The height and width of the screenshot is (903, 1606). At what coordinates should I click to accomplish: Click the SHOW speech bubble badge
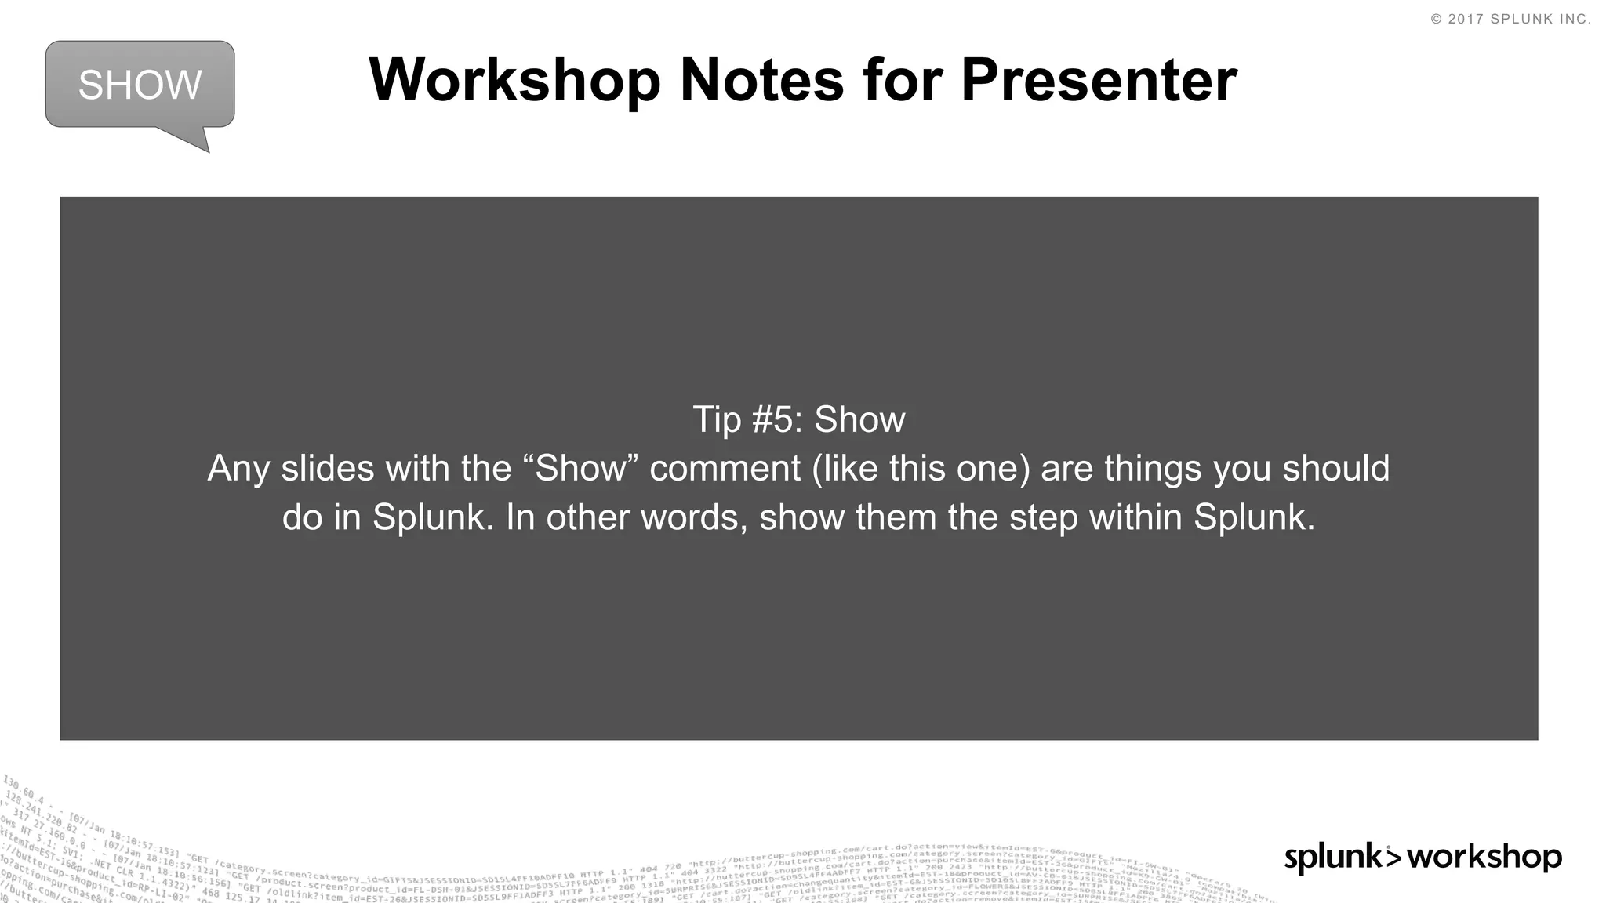[x=140, y=85]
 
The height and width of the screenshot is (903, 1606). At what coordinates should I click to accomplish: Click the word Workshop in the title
[x=514, y=80]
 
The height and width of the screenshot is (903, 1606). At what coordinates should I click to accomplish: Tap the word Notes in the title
[x=761, y=80]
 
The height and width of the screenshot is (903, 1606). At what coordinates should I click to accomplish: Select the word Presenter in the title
[x=1099, y=80]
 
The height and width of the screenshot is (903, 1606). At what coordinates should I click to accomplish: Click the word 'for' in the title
[x=902, y=80]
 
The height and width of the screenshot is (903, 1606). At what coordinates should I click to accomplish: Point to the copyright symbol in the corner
[x=1436, y=20]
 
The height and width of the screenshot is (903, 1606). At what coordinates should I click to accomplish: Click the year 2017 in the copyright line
[x=1465, y=20]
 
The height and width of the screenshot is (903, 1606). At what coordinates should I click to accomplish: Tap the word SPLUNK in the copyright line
[x=1521, y=20]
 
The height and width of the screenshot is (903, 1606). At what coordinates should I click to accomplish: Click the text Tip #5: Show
[x=798, y=420]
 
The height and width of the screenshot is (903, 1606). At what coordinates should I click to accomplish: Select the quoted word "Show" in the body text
[x=581, y=469]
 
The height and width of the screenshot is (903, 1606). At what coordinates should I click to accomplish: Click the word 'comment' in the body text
[x=725, y=469]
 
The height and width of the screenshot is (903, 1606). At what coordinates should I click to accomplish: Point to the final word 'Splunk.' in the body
[x=1254, y=517]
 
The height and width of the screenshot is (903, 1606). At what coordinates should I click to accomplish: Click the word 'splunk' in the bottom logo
[x=1333, y=857]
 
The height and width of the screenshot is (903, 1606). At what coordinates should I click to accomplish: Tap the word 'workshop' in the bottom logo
[x=1484, y=857]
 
